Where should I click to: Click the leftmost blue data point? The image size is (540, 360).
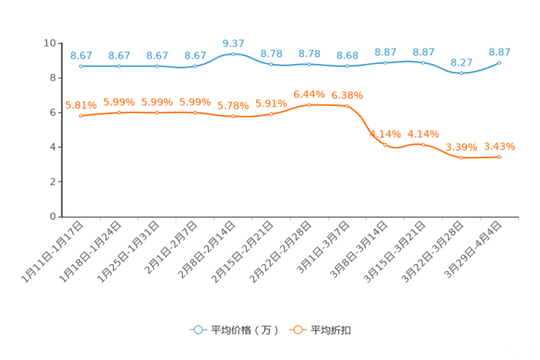click(x=81, y=66)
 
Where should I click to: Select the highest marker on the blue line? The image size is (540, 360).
click(x=233, y=53)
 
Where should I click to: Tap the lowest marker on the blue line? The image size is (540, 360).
click(x=461, y=73)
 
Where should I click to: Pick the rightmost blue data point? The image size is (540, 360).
click(x=499, y=63)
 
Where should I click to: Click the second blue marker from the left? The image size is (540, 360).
click(x=118, y=66)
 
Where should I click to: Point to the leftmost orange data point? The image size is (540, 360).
click(x=81, y=115)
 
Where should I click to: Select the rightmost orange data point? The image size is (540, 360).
click(x=499, y=157)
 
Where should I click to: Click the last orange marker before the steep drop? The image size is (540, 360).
click(x=347, y=106)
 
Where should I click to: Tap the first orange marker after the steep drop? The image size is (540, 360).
click(x=385, y=144)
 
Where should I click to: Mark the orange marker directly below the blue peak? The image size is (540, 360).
click(x=233, y=116)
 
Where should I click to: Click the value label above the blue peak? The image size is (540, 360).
click(x=233, y=42)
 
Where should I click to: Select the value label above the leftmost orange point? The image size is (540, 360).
click(x=81, y=105)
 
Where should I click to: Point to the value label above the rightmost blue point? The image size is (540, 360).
click(x=499, y=52)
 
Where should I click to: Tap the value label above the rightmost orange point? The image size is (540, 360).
click(x=499, y=146)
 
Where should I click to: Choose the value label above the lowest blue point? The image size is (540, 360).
click(x=461, y=62)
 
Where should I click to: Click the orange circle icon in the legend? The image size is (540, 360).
click(x=298, y=330)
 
